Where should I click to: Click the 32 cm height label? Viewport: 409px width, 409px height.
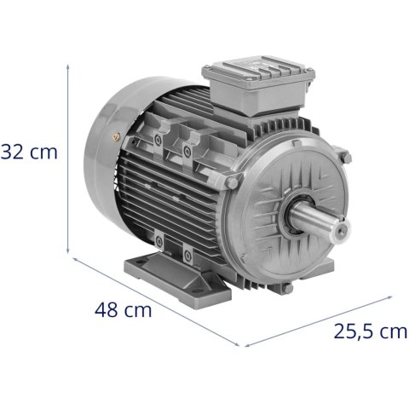30,153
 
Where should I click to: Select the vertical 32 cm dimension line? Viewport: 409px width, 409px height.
68,153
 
